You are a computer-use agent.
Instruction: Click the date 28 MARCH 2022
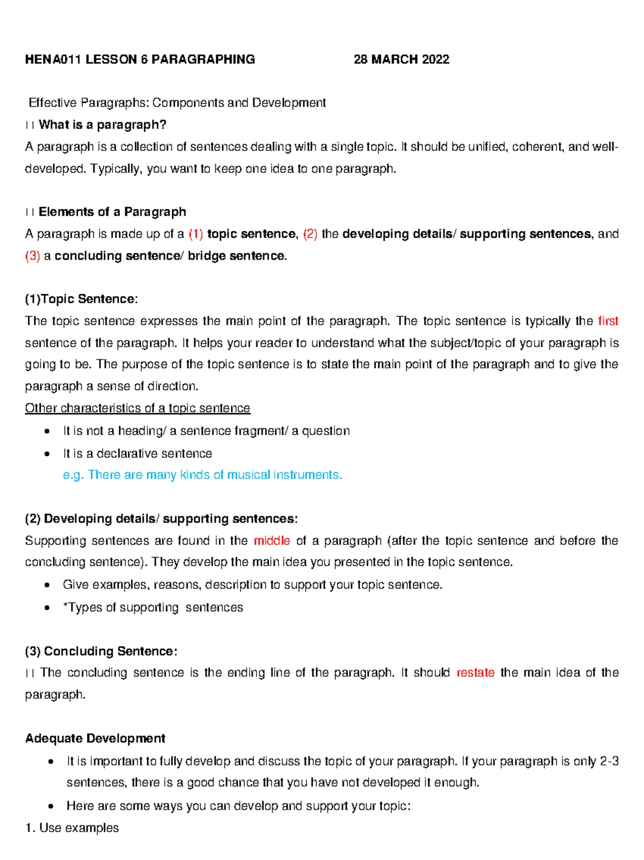point(401,60)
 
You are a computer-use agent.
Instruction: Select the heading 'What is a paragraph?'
point(103,125)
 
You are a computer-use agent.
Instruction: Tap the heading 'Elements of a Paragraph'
point(112,212)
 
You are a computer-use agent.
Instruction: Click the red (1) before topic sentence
point(196,234)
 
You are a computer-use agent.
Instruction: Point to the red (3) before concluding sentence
point(33,256)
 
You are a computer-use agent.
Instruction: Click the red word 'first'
point(608,321)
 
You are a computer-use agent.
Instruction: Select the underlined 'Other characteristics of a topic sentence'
point(137,408)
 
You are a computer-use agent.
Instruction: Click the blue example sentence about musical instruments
point(202,475)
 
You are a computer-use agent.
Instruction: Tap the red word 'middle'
point(272,541)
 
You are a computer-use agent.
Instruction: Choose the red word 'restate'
point(475,673)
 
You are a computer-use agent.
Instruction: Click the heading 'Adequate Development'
point(95,739)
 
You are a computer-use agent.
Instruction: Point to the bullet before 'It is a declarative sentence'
point(48,454)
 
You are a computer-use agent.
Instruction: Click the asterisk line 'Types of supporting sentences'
point(153,608)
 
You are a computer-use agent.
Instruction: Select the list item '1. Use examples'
point(72,828)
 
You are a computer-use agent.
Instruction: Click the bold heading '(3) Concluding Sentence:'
point(101,651)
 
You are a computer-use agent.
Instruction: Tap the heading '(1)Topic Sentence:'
point(81,299)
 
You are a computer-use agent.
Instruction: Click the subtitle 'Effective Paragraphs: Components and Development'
point(177,103)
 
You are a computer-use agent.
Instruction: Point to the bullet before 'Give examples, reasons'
point(48,585)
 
